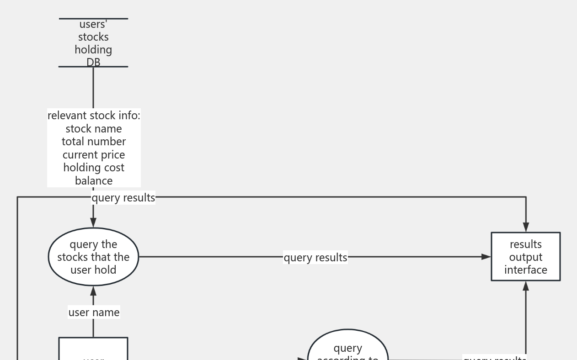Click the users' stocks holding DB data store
(x=93, y=42)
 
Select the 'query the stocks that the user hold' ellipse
(x=93, y=257)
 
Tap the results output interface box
(x=526, y=257)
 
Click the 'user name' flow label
(x=94, y=312)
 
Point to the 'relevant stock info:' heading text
(x=94, y=116)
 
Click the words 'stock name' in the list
(x=94, y=129)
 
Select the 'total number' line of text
(x=94, y=142)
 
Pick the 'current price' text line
(x=94, y=155)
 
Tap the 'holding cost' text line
(x=94, y=168)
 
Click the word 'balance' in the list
(x=94, y=181)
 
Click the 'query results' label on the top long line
(x=123, y=198)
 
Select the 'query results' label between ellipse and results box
(x=315, y=258)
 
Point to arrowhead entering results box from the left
(x=486, y=257)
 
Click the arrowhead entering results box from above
(x=526, y=227)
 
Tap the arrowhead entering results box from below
(x=526, y=286)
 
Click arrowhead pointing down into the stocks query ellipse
(x=93, y=222)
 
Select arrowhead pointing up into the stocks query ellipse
(x=93, y=291)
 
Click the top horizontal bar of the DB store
(x=93, y=19)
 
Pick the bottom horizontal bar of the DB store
(x=93, y=67)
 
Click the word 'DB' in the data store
(x=93, y=62)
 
